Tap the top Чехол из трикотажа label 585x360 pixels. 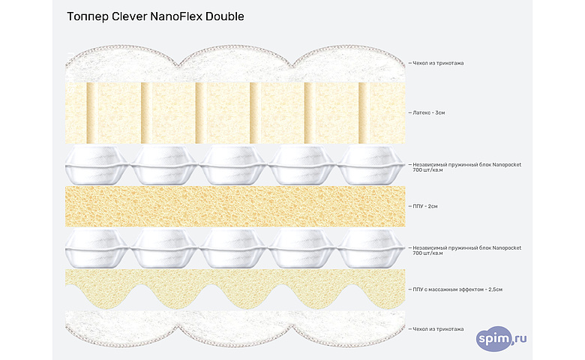point(438,63)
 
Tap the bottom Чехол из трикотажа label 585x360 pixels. point(438,328)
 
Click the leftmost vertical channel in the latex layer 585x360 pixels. point(92,112)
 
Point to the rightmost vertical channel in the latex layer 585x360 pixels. point(363,112)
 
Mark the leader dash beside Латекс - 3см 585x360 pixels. point(409,112)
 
